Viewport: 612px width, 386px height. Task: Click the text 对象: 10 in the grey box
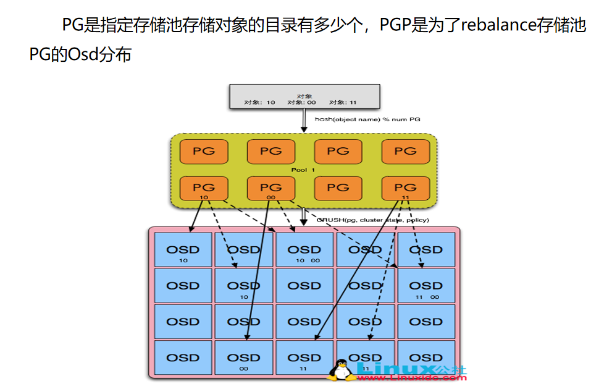click(x=260, y=103)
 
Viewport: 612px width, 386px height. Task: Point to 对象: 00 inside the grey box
click(x=301, y=103)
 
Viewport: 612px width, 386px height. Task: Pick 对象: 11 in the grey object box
click(x=343, y=103)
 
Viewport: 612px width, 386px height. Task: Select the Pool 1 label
click(x=303, y=169)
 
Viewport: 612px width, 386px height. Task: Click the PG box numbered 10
click(x=204, y=188)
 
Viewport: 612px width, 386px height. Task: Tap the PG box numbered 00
click(x=271, y=188)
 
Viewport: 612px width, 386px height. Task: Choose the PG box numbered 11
click(x=405, y=188)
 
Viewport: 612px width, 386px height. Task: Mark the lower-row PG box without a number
click(x=338, y=188)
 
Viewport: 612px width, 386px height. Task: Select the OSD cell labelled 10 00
click(x=304, y=250)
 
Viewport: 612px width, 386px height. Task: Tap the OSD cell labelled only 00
click(x=244, y=358)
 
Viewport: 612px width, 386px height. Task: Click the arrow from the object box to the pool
click(x=304, y=120)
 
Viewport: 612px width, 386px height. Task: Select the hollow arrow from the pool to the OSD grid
click(x=304, y=217)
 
